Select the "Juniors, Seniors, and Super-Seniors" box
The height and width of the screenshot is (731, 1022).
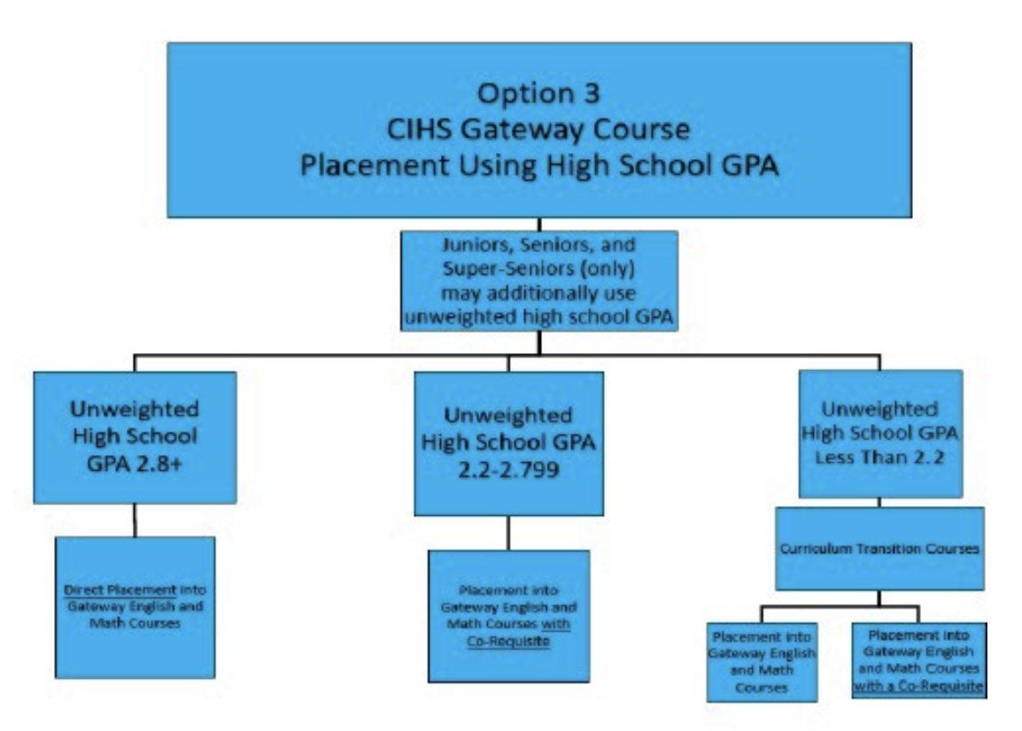click(539, 281)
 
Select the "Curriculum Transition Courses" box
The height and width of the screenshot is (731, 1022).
click(879, 549)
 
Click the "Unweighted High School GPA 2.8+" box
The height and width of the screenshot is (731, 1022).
click(135, 437)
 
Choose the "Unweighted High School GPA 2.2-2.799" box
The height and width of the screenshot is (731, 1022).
click(508, 442)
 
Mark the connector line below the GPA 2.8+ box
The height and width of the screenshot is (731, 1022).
click(135, 520)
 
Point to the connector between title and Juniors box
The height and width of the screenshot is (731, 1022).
click(539, 224)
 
